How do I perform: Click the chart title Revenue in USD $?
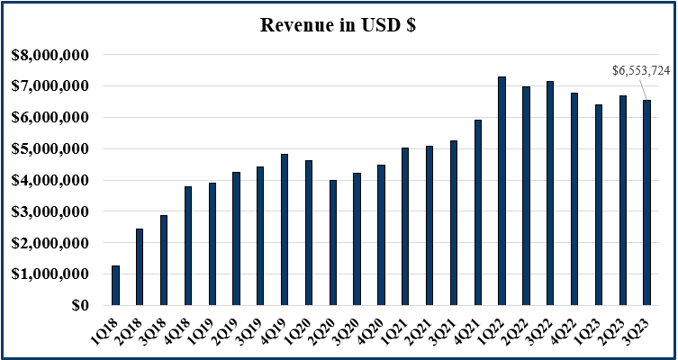coord(338,24)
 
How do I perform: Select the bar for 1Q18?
coord(115,285)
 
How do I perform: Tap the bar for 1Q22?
coord(502,191)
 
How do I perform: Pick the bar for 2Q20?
coord(332,243)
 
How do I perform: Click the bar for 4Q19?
coord(285,229)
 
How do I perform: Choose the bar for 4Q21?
coord(477,212)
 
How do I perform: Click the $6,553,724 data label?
coord(641,69)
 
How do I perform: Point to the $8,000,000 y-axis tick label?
coord(50,55)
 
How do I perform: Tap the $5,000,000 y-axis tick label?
coord(50,149)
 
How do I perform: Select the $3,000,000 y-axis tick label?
coord(50,211)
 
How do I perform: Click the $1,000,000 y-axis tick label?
coord(50,274)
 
